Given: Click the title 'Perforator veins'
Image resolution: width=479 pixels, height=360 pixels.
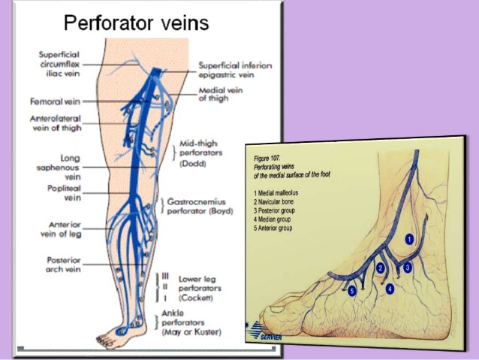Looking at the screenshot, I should click(136, 23).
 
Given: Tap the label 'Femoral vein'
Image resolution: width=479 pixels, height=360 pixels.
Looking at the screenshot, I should click(51, 101).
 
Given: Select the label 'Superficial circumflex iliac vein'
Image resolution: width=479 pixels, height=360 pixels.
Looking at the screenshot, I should click(61, 63).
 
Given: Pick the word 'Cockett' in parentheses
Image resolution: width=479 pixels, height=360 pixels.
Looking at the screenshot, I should click(195, 298).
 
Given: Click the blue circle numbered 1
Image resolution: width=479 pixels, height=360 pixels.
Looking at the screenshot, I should click(409, 239).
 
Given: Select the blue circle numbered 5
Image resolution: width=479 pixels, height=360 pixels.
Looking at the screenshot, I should click(351, 291).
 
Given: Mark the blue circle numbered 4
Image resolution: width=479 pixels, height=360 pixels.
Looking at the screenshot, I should click(390, 288).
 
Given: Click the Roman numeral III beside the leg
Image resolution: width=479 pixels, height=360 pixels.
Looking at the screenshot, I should click(167, 277).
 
